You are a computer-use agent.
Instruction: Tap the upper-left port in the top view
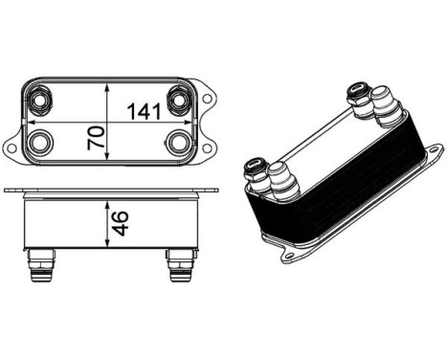(40, 99)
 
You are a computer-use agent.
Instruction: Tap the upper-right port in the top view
(180, 100)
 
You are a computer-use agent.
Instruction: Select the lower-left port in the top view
(40, 144)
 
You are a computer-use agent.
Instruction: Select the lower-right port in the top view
(180, 144)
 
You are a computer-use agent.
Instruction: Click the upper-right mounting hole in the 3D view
(433, 151)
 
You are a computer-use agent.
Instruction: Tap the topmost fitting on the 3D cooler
(361, 93)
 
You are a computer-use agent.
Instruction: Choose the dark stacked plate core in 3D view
(335, 191)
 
